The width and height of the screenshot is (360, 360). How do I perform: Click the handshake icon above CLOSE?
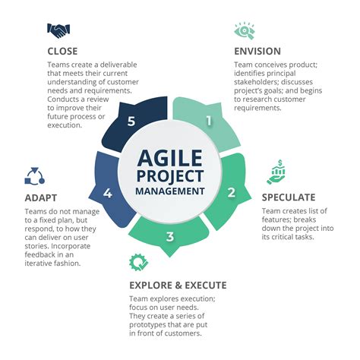58,30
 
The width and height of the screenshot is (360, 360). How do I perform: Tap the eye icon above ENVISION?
244,30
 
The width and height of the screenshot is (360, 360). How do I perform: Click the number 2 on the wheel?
231,192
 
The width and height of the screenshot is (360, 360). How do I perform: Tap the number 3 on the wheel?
170,236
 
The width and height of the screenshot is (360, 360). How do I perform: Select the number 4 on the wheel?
109,193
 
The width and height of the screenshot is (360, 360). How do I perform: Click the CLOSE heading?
63,52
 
